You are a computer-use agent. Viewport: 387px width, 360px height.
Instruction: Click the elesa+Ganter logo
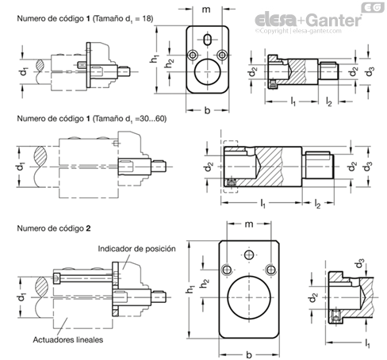[x=308, y=20]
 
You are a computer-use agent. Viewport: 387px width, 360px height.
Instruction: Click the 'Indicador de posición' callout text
[x=136, y=249]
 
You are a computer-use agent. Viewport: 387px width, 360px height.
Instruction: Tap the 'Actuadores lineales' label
[x=68, y=339]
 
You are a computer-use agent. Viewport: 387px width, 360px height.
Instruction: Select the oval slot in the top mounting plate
[x=208, y=40]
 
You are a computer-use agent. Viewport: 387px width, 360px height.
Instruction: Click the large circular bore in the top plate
[x=208, y=72]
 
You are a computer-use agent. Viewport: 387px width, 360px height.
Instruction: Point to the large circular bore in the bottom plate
[x=249, y=297]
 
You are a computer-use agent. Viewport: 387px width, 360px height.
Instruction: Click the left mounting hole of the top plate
[x=193, y=55]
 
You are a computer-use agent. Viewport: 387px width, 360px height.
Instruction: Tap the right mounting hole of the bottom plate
[x=270, y=270]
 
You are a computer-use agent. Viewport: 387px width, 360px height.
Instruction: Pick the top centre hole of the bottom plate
[x=249, y=255]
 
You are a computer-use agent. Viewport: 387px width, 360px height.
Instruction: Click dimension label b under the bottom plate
[x=249, y=354]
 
